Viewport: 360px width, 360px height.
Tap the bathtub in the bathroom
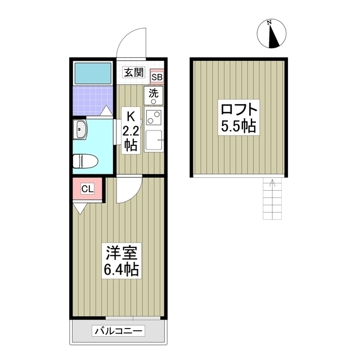pyautogui.click(x=93, y=73)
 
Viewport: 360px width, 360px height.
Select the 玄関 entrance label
pyautogui.click(x=134, y=72)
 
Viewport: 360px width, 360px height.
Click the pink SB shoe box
pyautogui.click(x=157, y=76)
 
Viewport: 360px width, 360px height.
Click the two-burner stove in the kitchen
pyautogui.click(x=154, y=118)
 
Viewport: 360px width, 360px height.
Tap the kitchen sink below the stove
pyautogui.click(x=154, y=140)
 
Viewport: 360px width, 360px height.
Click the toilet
pyautogui.click(x=85, y=160)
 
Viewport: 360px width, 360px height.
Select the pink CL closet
pyautogui.click(x=88, y=189)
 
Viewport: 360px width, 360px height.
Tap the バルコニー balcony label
pyautogui.click(x=119, y=331)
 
